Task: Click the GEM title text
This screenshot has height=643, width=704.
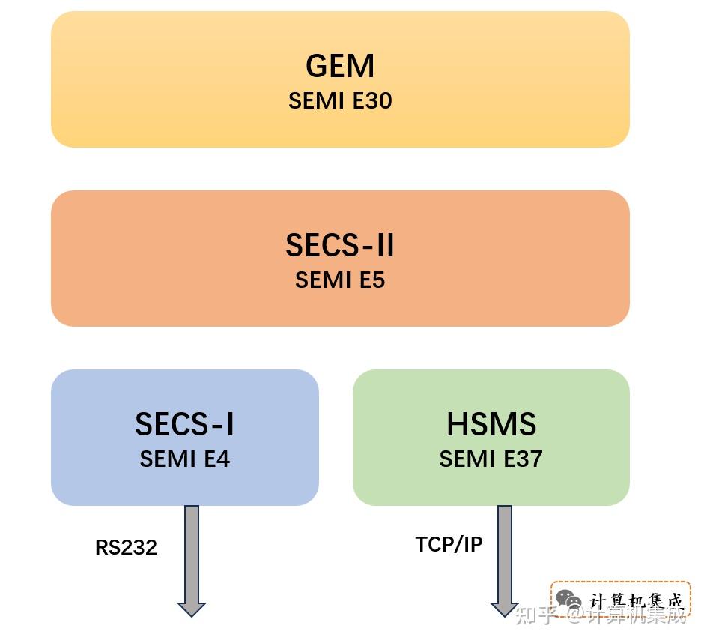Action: click(340, 66)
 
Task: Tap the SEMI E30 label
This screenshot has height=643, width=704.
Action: click(340, 100)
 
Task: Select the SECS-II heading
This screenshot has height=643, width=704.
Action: click(340, 245)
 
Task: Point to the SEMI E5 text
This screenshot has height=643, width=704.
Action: click(340, 280)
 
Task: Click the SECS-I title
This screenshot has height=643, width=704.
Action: click(184, 424)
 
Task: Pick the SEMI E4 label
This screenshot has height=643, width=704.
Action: click(184, 459)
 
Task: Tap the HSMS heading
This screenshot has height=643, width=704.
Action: click(491, 424)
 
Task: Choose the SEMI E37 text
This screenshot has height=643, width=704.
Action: click(491, 459)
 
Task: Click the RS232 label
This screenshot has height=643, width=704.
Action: click(126, 547)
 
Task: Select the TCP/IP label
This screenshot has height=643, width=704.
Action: click(449, 544)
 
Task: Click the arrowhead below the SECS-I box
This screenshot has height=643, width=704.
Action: click(192, 609)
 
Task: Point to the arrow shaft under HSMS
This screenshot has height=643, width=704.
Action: click(505, 554)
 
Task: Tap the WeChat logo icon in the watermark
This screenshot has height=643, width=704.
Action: click(568, 599)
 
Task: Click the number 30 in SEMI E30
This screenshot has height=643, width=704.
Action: click(380, 100)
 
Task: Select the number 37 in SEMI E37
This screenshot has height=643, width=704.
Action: click(531, 459)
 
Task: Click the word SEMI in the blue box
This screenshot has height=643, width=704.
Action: click(168, 459)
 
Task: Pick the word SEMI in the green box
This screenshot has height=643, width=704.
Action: click(467, 459)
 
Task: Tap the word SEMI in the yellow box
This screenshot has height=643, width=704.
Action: click(317, 100)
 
